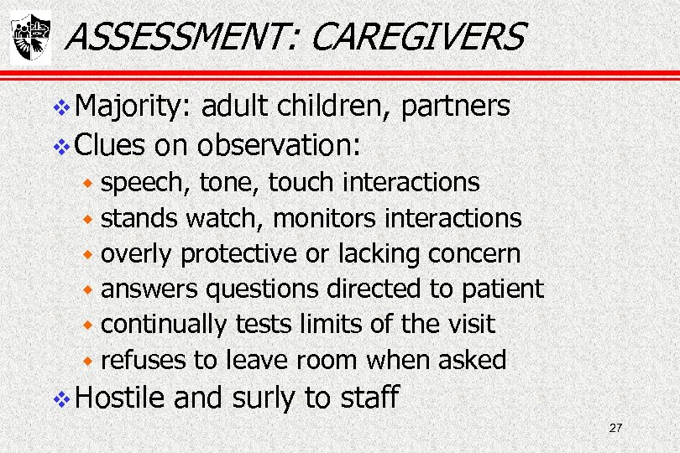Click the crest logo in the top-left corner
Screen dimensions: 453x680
tap(30, 37)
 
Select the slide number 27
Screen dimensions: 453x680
tap(615, 429)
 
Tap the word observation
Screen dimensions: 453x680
tap(278, 145)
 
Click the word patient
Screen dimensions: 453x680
tap(502, 289)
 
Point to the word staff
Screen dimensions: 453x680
tap(369, 397)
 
